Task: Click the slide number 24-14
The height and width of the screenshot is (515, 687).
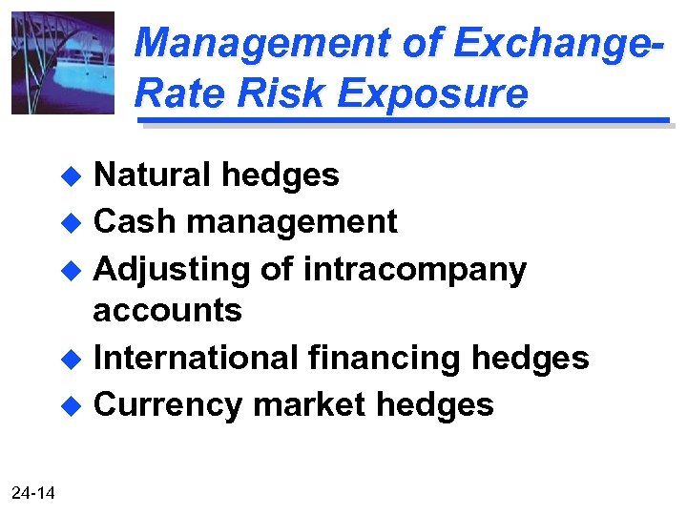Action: tap(33, 493)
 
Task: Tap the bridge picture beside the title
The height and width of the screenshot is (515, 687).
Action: tap(62, 63)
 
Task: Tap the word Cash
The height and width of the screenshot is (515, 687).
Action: tap(135, 221)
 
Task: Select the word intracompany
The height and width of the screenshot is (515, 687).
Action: tap(414, 271)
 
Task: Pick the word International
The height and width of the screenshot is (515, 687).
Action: tap(196, 358)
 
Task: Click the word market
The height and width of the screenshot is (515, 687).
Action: tap(310, 404)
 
